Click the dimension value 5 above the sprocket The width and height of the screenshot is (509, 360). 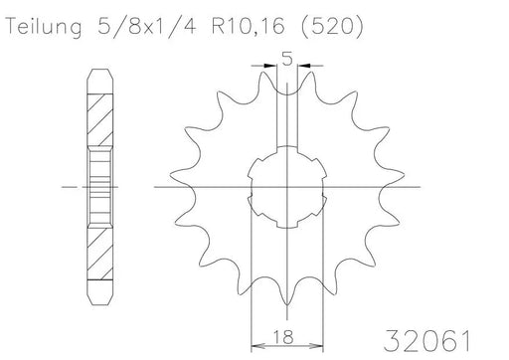click(x=287, y=59)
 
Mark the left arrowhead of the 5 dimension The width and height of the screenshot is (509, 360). click(x=271, y=69)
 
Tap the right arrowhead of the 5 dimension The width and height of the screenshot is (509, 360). click(x=304, y=69)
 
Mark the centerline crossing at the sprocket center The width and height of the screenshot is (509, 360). click(x=287, y=187)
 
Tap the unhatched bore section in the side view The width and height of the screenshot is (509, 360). click(x=99, y=186)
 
